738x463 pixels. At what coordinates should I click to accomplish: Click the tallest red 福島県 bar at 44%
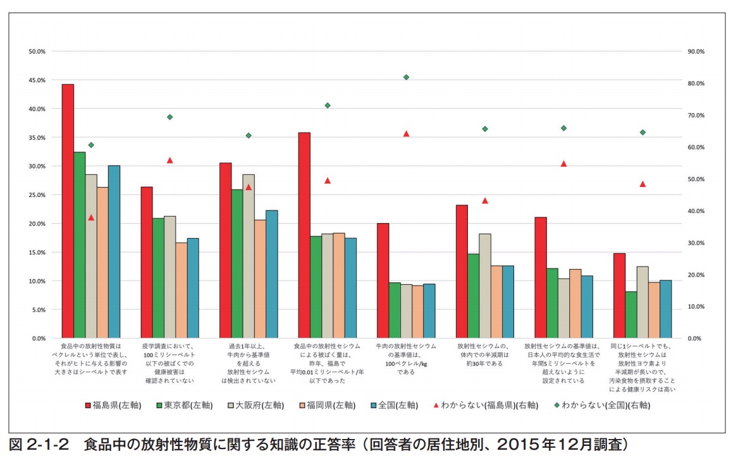click(x=68, y=211)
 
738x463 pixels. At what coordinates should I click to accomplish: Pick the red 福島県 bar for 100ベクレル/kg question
click(x=383, y=280)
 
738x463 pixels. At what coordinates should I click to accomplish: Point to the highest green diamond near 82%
click(x=406, y=77)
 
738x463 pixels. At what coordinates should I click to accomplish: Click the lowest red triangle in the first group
click(x=91, y=217)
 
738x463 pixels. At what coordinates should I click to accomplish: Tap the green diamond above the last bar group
click(x=643, y=133)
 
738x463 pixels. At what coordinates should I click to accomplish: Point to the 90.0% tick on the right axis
click(x=696, y=51)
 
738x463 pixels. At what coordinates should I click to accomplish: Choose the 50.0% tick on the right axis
click(x=696, y=179)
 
